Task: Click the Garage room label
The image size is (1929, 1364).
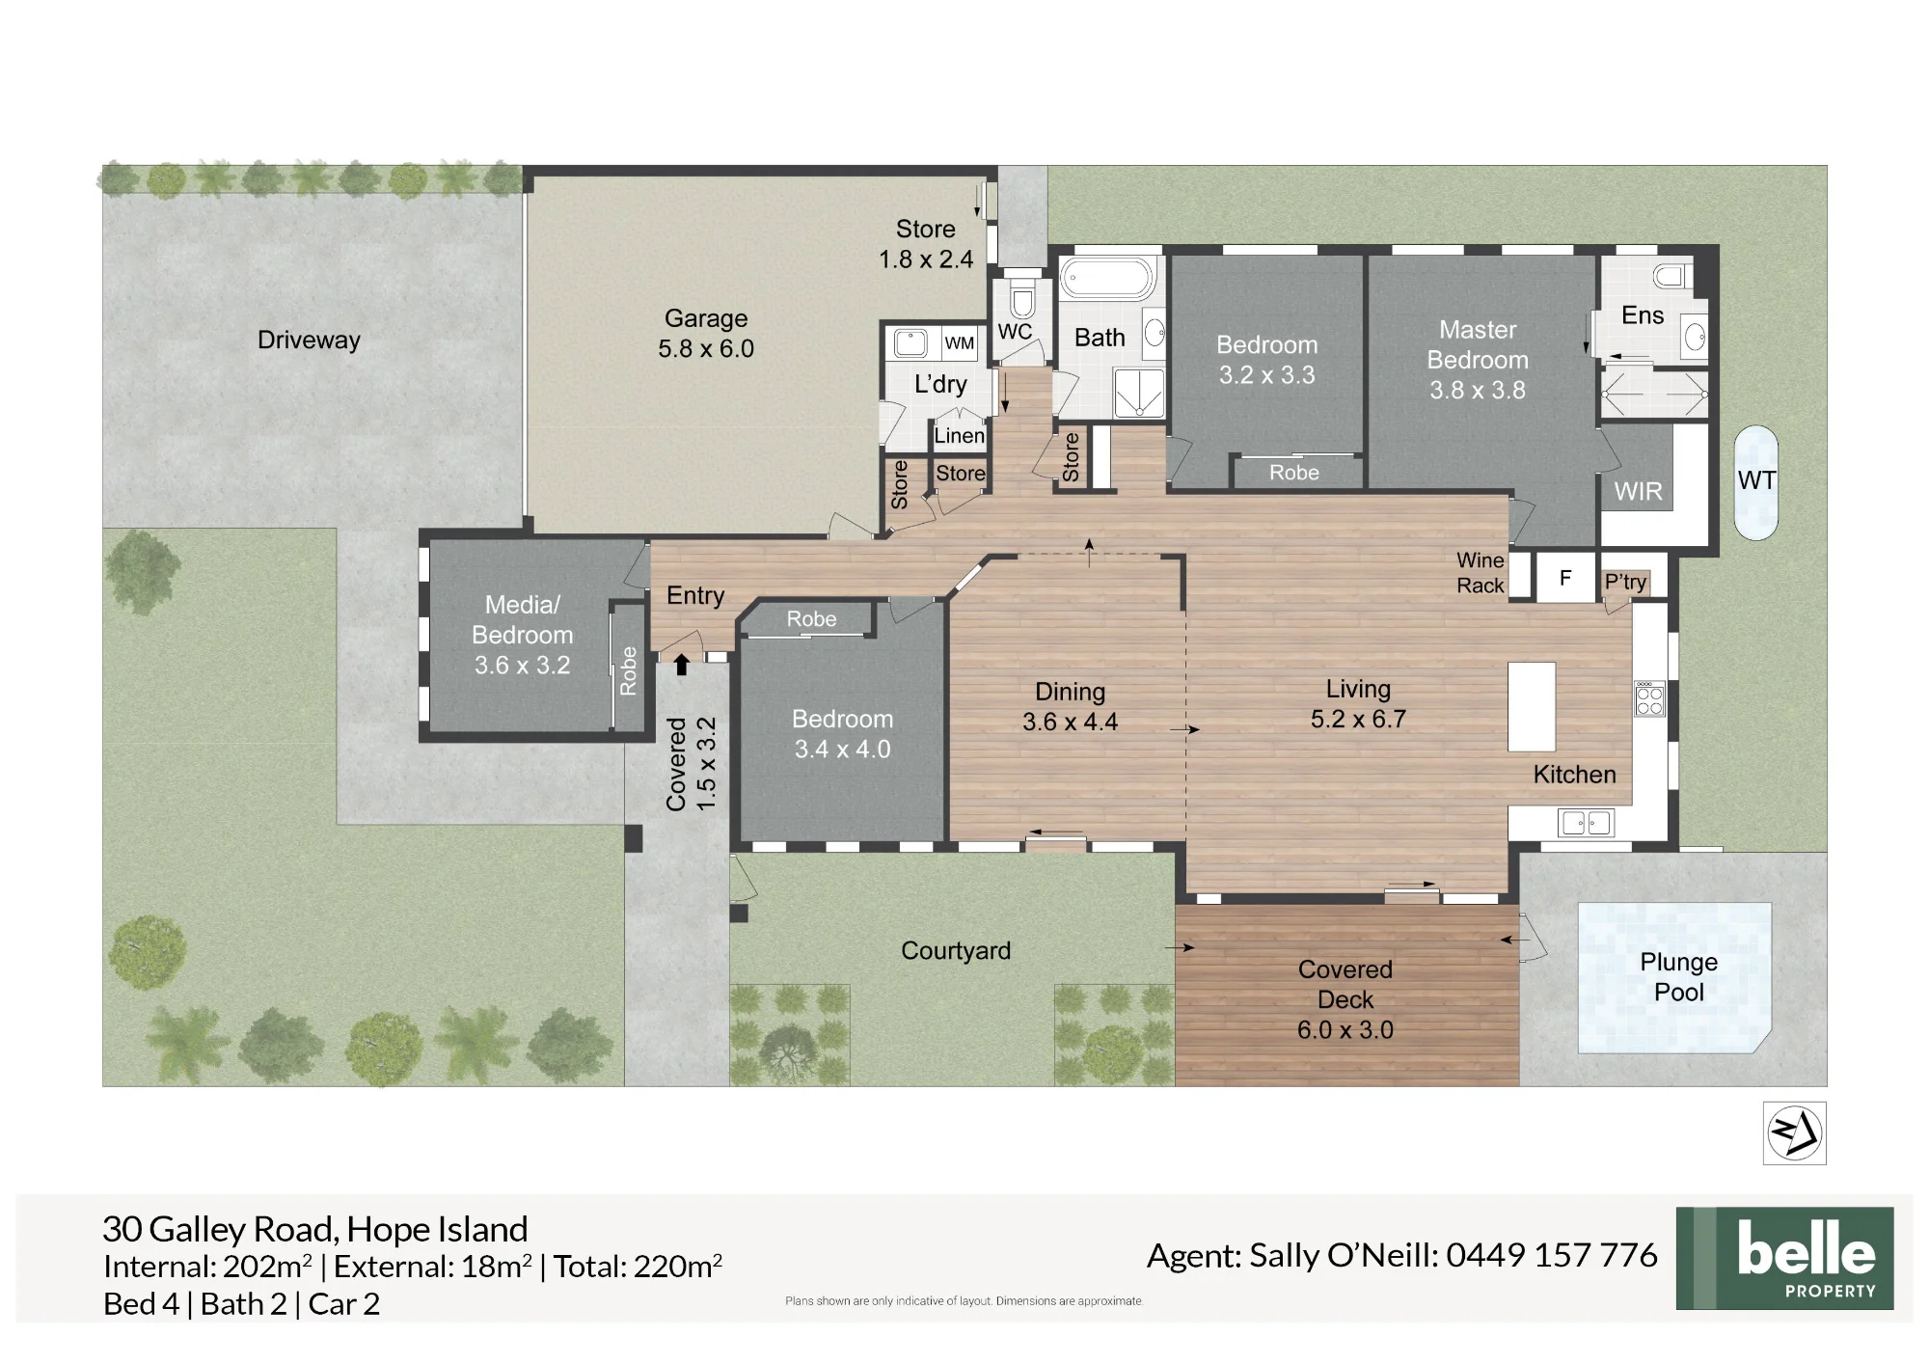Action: (706, 333)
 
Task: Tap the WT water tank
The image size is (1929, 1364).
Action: (1755, 482)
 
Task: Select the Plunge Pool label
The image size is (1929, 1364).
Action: (1678, 976)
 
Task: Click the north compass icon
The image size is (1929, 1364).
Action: (1795, 1132)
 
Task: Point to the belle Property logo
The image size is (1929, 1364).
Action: (1784, 1258)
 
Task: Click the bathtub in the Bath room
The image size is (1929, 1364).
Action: (1108, 278)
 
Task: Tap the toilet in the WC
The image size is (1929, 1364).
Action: (1022, 298)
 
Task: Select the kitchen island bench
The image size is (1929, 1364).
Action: (1532, 707)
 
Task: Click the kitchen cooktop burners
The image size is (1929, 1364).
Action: (1649, 698)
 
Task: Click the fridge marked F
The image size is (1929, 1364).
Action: (1565, 577)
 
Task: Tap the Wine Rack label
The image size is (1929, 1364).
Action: (1481, 573)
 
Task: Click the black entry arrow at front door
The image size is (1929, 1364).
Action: (682, 665)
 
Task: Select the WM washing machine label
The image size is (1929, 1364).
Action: (960, 343)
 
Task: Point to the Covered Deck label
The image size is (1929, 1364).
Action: (1345, 999)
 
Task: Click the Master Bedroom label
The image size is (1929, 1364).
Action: (1478, 360)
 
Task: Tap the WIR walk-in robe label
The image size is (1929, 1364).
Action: (1638, 492)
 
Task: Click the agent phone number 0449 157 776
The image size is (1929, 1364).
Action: (1552, 1255)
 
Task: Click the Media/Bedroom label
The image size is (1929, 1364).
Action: (523, 635)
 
